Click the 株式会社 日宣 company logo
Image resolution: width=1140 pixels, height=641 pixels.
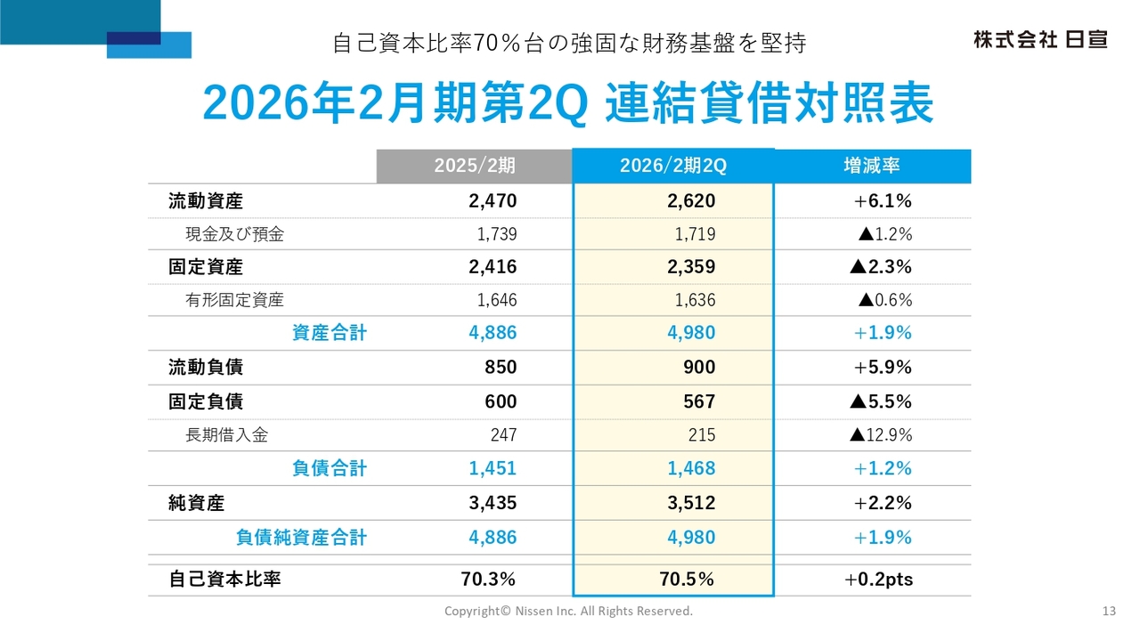[1039, 40]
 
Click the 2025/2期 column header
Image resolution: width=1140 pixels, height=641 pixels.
[474, 166]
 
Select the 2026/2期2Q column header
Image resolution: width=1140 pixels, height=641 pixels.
[673, 166]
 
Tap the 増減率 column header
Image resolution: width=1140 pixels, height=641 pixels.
[871, 166]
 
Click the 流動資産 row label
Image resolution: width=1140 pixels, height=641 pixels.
[206, 201]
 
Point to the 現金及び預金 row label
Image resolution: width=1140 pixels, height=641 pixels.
[235, 235]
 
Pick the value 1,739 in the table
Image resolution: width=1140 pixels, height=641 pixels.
[497, 235]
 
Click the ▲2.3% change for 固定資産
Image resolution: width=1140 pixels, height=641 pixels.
[881, 267]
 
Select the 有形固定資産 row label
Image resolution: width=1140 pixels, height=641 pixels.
[235, 301]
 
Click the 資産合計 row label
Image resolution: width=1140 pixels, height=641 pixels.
[330, 334]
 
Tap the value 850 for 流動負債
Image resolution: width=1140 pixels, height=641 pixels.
[501, 368]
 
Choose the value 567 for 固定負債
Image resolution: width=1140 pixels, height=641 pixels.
[699, 402]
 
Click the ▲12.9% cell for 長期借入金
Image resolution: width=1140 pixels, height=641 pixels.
[881, 435]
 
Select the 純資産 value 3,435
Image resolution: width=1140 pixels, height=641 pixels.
[493, 503]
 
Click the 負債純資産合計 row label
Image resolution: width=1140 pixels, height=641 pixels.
[301, 538]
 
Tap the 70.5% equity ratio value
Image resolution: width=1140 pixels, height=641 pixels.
[687, 580]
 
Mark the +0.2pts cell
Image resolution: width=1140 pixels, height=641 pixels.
[878, 580]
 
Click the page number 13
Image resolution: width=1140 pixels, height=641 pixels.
[1109, 611]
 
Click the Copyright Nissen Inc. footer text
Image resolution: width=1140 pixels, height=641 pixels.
[568, 611]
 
